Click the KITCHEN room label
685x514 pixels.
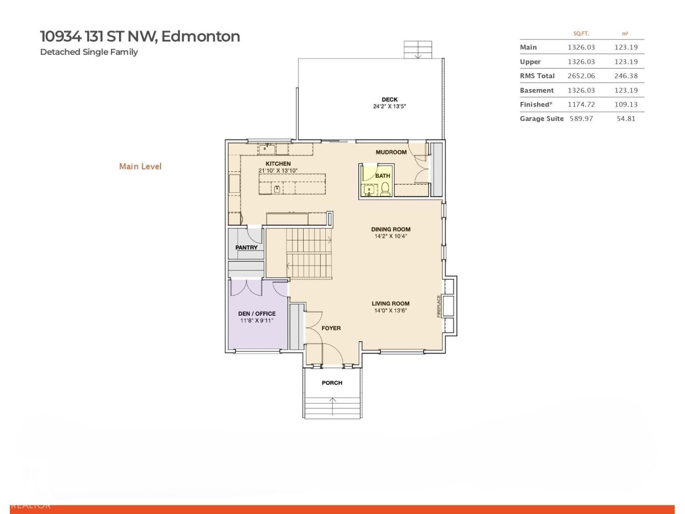278,164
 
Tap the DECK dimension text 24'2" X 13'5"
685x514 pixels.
389,106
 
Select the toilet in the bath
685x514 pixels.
385,188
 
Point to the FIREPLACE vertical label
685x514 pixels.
438,306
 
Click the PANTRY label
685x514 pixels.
246,248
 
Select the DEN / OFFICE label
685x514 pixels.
256,314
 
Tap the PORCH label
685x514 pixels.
332,383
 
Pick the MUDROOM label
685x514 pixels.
391,152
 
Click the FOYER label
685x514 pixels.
331,328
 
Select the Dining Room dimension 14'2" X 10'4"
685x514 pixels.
390,236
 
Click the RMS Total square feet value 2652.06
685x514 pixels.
581,76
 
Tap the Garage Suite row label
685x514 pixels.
541,119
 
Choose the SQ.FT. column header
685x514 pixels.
581,33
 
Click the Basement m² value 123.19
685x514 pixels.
625,90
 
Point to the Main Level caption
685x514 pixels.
140,166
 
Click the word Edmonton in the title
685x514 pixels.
200,36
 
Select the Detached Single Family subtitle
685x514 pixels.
89,52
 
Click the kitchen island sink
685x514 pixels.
277,188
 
